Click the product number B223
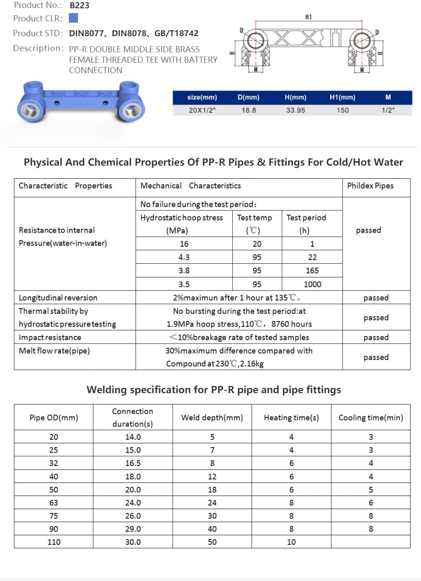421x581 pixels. pyautogui.click(x=79, y=6)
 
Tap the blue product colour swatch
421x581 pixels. pyautogui.click(x=73, y=18)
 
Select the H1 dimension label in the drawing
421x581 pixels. pyautogui.click(x=308, y=17)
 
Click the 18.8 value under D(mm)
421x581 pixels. pyautogui.click(x=249, y=110)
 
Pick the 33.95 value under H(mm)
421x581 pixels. pyautogui.click(x=295, y=110)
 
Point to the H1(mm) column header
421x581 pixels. pyautogui.click(x=342, y=97)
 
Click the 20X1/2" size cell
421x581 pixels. pyautogui.click(x=202, y=110)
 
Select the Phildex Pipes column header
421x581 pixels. pyautogui.click(x=370, y=186)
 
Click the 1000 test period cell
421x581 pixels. pyautogui.click(x=312, y=284)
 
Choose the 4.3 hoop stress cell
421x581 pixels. pyautogui.click(x=184, y=257)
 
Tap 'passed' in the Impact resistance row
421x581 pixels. pyautogui.click(x=376, y=337)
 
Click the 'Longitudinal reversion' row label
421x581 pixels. pyautogui.click(x=58, y=298)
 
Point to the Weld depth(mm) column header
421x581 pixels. pyautogui.click(x=212, y=418)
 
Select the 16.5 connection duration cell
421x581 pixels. pyautogui.click(x=133, y=463)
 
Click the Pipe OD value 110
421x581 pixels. pyautogui.click(x=54, y=542)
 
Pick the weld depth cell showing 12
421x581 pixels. pyautogui.click(x=212, y=476)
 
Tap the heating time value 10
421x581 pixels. pyautogui.click(x=291, y=542)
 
